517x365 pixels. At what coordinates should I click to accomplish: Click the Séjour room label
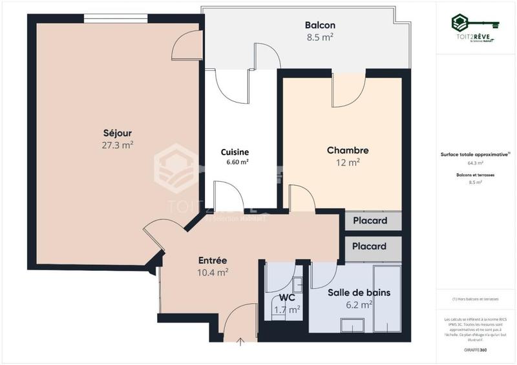point(117,133)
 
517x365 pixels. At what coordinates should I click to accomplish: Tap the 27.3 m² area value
point(117,145)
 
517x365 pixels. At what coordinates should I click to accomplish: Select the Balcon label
point(320,25)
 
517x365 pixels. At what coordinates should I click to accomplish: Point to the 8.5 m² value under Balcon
point(320,37)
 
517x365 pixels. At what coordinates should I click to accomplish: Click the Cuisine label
point(235,152)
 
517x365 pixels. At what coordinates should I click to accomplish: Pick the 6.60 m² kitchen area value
point(237,163)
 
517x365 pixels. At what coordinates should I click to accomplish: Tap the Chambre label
point(348,150)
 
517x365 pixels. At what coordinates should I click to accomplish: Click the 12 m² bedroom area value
point(348,163)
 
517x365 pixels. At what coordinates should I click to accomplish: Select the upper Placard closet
point(370,221)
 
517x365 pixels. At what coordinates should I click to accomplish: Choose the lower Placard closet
point(370,246)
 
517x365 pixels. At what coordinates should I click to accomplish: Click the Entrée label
point(213,261)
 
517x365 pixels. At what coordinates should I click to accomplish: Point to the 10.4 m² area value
point(213,272)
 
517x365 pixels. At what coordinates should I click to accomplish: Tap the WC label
point(288,298)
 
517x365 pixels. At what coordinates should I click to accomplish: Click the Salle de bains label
point(359,292)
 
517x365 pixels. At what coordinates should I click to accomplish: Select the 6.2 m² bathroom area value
point(359,304)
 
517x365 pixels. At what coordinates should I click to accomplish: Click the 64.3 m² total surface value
point(476,163)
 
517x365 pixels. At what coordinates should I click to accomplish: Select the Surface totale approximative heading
point(476,155)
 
